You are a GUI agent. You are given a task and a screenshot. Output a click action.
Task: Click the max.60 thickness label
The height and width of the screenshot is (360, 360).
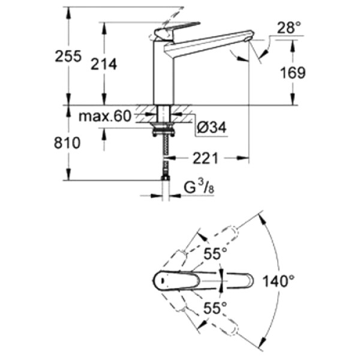(x=106, y=116)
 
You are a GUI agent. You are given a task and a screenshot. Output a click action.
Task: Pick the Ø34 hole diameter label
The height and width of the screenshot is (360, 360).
(x=210, y=128)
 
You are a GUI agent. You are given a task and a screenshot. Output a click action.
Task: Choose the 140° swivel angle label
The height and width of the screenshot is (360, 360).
(x=278, y=280)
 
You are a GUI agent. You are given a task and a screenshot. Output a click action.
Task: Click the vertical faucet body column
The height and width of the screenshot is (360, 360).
(x=162, y=72)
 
